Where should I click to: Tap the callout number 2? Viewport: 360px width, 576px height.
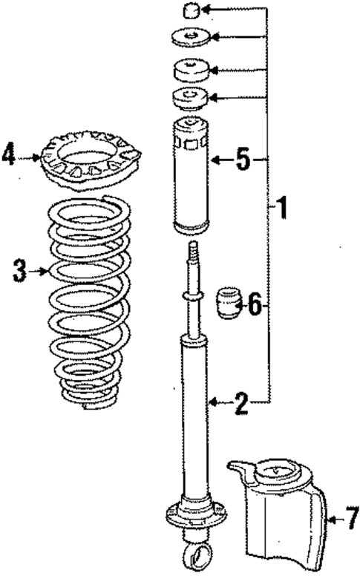point(240,403)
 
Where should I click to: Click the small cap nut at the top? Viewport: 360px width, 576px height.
point(190,10)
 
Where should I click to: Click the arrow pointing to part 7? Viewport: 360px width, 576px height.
point(334,520)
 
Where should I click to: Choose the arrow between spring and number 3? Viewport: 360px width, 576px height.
point(39,272)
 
